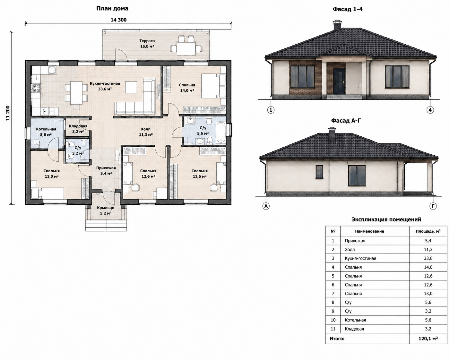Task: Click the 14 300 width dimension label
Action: point(118,20)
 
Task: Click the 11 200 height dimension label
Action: point(8,113)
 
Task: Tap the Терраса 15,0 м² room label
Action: point(147,44)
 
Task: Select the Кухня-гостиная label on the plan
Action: point(105,84)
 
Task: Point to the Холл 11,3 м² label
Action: point(145,132)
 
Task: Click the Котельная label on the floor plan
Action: point(46,129)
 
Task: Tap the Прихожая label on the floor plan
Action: point(106,168)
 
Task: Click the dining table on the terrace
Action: point(186,48)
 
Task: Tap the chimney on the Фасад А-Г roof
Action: point(332,133)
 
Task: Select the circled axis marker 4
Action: point(430,110)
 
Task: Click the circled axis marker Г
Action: point(433,206)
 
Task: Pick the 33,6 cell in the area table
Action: point(428,258)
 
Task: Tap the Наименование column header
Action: point(369,231)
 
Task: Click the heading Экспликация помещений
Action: point(386,219)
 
